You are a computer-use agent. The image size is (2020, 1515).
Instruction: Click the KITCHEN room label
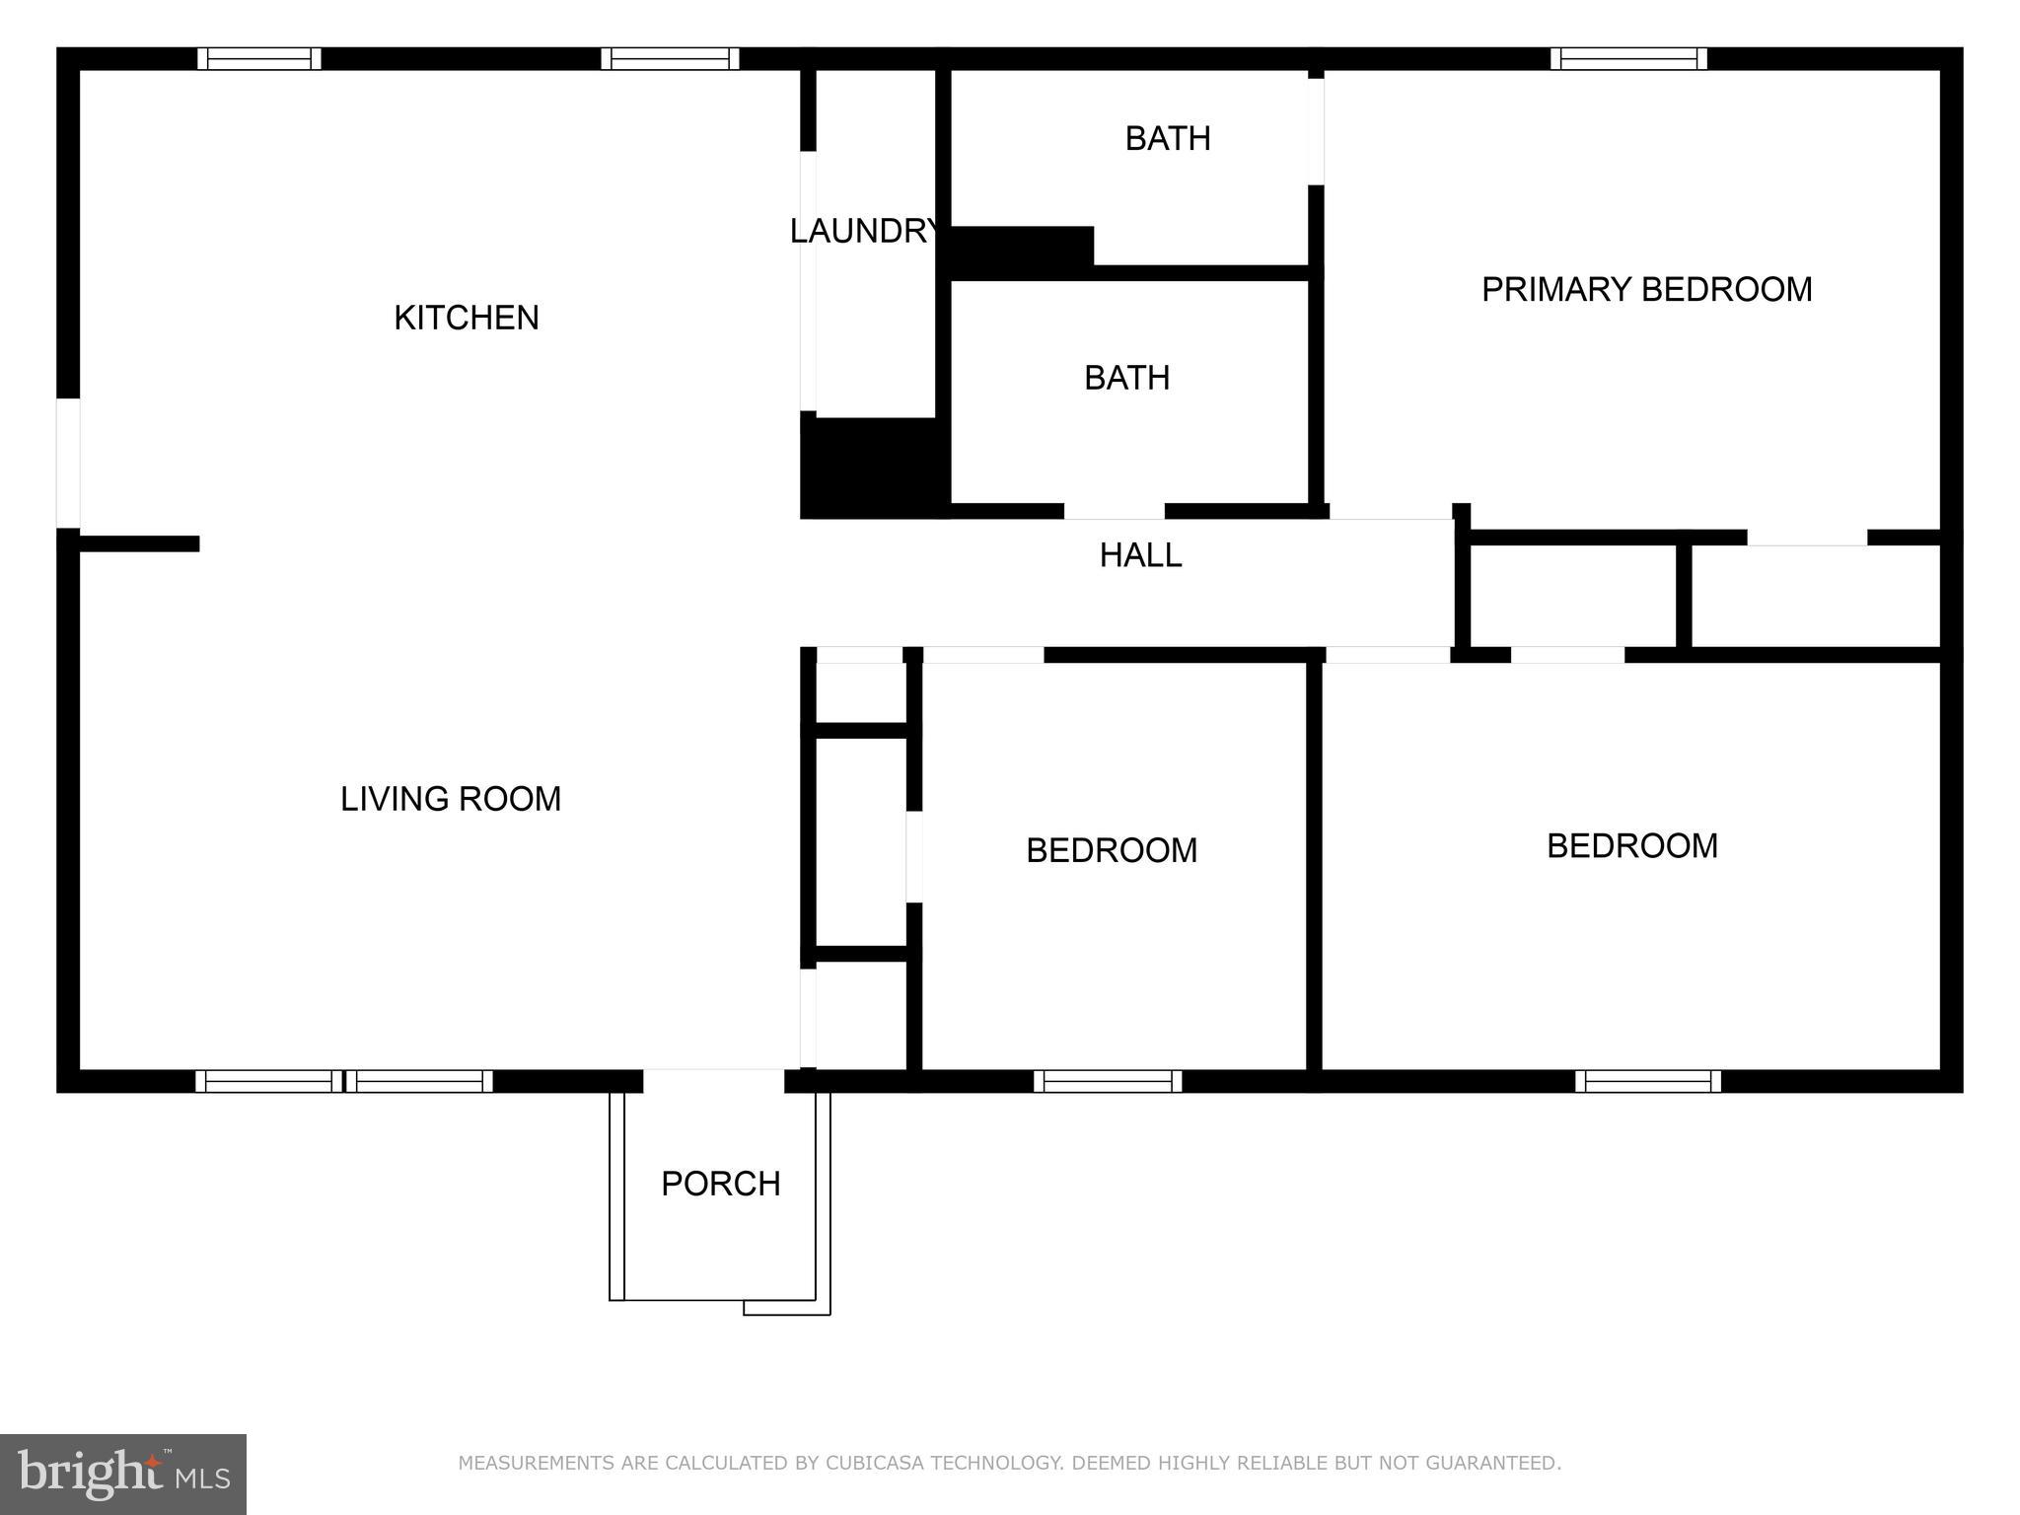pos(467,318)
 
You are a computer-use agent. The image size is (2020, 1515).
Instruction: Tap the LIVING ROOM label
pos(451,798)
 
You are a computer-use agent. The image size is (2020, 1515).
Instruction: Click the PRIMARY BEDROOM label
pos(1646,289)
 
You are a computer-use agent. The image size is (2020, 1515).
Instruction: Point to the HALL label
pos(1140,555)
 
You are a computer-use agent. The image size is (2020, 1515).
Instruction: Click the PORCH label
pos(720,1183)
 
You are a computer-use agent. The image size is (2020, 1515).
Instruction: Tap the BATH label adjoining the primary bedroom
pos(1168,138)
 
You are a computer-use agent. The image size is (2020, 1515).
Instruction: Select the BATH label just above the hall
pos(1126,378)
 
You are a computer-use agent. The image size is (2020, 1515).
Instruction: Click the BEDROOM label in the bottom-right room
pos(1631,845)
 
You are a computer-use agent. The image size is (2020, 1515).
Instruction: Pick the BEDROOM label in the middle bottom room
pos(1111,850)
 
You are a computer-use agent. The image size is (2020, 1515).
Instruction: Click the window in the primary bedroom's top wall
pos(1628,59)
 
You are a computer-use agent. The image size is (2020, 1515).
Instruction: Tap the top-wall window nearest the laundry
pos(670,59)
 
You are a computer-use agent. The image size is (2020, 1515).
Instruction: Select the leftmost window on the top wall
pos(259,59)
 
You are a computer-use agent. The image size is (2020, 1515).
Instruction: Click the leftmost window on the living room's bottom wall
pos(268,1081)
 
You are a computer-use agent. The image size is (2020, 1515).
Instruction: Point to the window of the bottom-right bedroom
pos(1647,1081)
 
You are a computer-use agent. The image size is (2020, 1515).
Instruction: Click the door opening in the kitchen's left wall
pos(68,463)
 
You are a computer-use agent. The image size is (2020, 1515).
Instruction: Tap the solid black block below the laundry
pos(872,467)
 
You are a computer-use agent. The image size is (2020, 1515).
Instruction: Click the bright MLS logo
pos(123,1474)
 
